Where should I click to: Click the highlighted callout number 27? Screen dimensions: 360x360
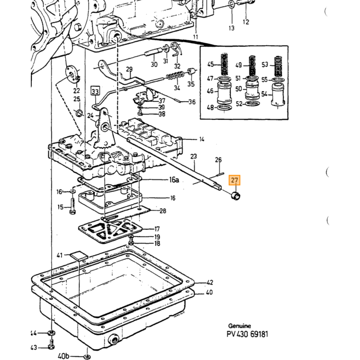pyautogui.click(x=234, y=180)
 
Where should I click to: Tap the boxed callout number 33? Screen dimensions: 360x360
pyautogui.click(x=95, y=92)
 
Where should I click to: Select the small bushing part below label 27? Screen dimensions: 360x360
pyautogui.click(x=236, y=196)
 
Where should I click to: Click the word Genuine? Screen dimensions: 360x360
pyautogui.click(x=239, y=326)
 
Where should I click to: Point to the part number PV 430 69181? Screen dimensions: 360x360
pyautogui.click(x=247, y=334)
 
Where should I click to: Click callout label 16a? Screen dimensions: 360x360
pyautogui.click(x=174, y=180)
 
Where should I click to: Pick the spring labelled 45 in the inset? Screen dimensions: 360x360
pyautogui.click(x=225, y=64)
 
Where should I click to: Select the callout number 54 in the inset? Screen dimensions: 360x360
pyautogui.click(x=265, y=94)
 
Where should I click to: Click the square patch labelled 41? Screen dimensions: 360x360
pyautogui.click(x=79, y=256)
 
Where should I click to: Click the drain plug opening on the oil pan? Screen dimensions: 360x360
pyautogui.click(x=113, y=339)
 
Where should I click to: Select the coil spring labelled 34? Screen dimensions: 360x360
pyautogui.click(x=176, y=76)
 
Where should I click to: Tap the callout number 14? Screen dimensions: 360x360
pyautogui.click(x=202, y=139)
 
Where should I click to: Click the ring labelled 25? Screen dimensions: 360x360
pyautogui.click(x=79, y=113)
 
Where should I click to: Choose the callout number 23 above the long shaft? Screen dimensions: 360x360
pyautogui.click(x=193, y=156)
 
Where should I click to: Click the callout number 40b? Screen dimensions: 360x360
pyautogui.click(x=63, y=356)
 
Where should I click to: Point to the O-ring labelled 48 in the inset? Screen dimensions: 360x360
pyautogui.click(x=224, y=107)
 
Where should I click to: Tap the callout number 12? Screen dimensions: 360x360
pyautogui.click(x=246, y=22)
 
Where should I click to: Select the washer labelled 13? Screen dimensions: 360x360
pyautogui.click(x=231, y=4)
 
